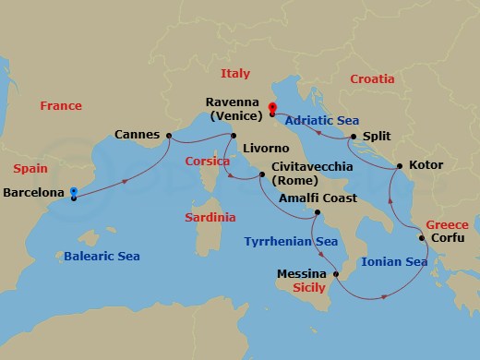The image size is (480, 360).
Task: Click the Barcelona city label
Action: click(x=33, y=194)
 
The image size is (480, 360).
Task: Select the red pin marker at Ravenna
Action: click(x=272, y=108)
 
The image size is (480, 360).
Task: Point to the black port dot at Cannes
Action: click(x=169, y=136)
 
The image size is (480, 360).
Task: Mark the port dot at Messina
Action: click(x=335, y=274)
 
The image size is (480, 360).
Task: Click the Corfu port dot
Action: click(x=423, y=238)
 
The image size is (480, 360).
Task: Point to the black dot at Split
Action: click(x=354, y=138)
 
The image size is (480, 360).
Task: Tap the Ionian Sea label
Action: click(x=394, y=262)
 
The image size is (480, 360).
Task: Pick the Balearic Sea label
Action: click(x=102, y=256)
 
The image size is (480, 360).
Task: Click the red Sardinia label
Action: click(x=210, y=218)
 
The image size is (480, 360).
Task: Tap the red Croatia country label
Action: click(x=372, y=79)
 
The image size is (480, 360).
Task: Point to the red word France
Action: click(x=61, y=106)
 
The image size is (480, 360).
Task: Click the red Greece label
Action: click(x=447, y=224)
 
